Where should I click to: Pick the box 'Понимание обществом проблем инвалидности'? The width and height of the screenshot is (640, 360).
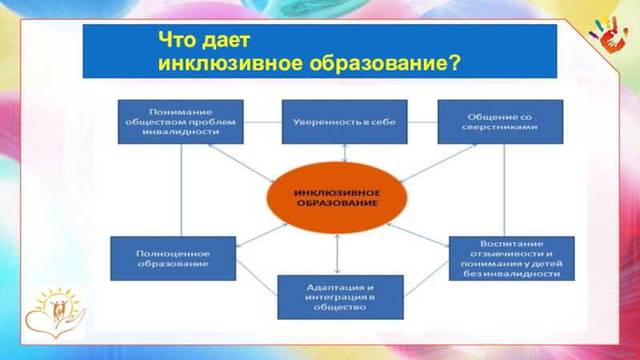(x=180, y=121)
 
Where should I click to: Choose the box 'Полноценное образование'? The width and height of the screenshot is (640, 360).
(x=172, y=258)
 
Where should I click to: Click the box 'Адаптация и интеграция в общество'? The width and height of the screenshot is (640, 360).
(x=341, y=297)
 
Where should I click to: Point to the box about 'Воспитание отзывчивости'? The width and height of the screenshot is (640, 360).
(x=511, y=258)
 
